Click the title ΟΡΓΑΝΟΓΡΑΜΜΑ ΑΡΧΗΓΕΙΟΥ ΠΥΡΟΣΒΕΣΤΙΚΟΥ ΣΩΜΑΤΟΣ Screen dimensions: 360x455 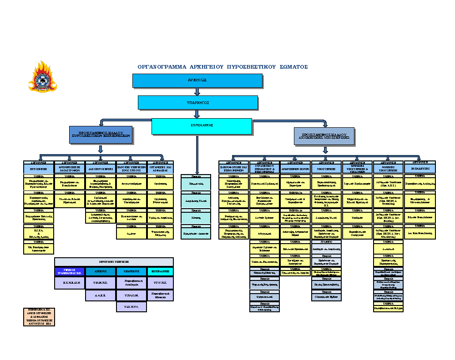tap(223, 67)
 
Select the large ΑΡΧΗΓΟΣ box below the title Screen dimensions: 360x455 tap(197, 80)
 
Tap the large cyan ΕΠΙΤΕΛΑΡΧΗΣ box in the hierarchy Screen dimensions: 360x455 tap(202, 125)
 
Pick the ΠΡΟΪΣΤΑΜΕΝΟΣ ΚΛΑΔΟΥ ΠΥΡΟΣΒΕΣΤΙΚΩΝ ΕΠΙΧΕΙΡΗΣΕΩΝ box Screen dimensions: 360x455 tap(101, 135)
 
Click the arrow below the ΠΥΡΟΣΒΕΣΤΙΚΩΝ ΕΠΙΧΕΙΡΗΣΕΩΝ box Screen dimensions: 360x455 tap(101, 149)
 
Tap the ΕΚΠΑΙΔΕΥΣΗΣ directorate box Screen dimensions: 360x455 tap(420, 168)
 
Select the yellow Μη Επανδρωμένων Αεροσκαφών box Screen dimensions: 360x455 tap(38, 248)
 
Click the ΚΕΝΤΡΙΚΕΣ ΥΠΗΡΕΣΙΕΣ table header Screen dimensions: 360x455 tap(114, 262)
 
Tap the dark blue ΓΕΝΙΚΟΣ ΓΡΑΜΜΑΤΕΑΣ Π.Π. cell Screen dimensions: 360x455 tap(69, 271)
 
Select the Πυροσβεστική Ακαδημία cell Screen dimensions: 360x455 tap(131, 283)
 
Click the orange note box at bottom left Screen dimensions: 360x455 tap(39, 316)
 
